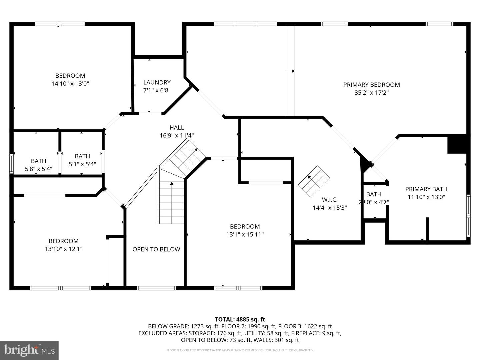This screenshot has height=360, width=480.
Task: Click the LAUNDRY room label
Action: coord(157,82)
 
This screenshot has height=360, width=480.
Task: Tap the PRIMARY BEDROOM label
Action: coord(371,85)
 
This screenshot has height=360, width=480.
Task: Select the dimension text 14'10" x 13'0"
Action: coord(70,84)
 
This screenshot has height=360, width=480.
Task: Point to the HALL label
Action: coord(176,127)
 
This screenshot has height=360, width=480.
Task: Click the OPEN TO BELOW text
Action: coord(156,249)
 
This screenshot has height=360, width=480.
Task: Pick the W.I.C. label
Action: coord(329,200)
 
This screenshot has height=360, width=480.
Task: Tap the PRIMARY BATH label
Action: coord(426,189)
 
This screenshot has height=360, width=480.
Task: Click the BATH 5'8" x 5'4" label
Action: coord(38,165)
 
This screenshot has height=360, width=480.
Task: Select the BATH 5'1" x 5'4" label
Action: coord(82,160)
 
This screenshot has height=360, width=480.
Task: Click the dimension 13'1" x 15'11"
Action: coord(245,234)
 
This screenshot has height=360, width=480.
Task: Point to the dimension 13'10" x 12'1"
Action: coord(63,249)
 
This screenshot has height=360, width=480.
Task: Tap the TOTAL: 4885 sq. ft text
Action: coord(240,319)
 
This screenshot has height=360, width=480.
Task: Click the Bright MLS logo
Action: coord(29,350)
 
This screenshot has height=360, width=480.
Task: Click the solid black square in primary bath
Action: coord(457,144)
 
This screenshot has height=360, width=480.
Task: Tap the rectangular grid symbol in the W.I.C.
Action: coord(313,182)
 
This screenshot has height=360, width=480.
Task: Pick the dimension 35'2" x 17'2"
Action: coord(371,93)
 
